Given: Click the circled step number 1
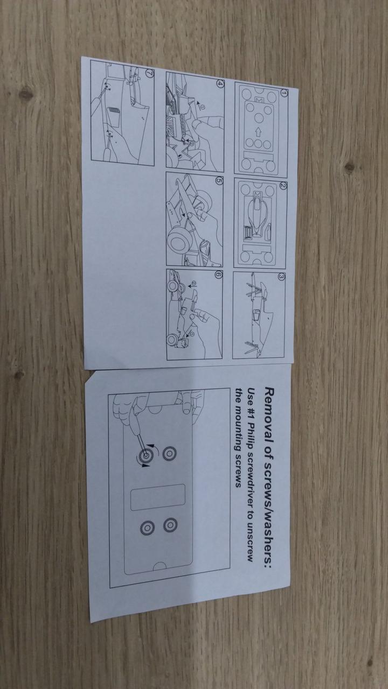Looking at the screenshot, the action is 284,93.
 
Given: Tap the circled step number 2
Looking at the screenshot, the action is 283,186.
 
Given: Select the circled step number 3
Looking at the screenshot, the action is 281,277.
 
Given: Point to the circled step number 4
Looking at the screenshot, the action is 219,83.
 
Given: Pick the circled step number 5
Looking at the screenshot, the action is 218,181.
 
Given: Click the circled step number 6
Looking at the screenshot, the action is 218,275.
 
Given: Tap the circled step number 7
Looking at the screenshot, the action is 149,74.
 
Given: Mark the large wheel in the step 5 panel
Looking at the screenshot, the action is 178,242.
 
